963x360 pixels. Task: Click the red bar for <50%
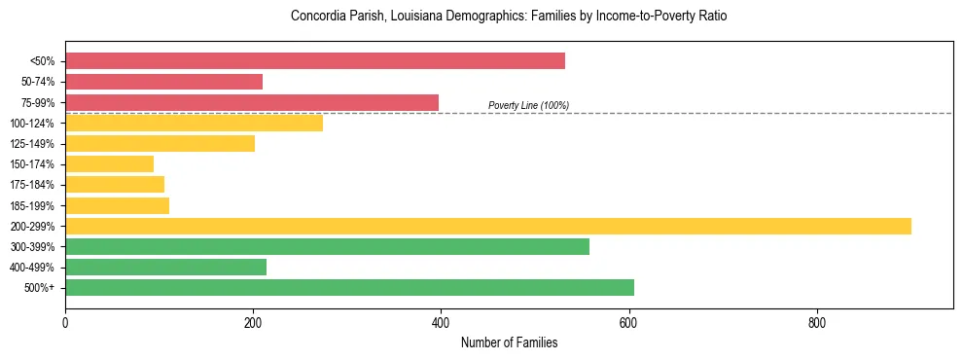(x=315, y=61)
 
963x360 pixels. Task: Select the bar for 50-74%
(x=163, y=82)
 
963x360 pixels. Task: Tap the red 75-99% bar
(x=252, y=102)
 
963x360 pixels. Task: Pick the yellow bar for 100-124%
(x=194, y=123)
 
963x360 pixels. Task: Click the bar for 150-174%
(x=109, y=163)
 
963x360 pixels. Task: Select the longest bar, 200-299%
(x=488, y=226)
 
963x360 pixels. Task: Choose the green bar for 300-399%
(x=327, y=246)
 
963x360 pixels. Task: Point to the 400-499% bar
(x=165, y=267)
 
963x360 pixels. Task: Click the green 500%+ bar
(x=349, y=287)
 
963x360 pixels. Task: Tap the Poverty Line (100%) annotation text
(x=528, y=105)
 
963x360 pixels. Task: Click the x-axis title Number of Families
(x=509, y=342)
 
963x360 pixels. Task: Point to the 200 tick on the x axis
(x=253, y=322)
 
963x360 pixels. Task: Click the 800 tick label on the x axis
(x=816, y=322)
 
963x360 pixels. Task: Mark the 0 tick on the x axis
(x=65, y=322)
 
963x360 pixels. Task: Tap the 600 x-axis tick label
(x=628, y=322)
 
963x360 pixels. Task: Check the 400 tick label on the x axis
(x=441, y=322)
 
